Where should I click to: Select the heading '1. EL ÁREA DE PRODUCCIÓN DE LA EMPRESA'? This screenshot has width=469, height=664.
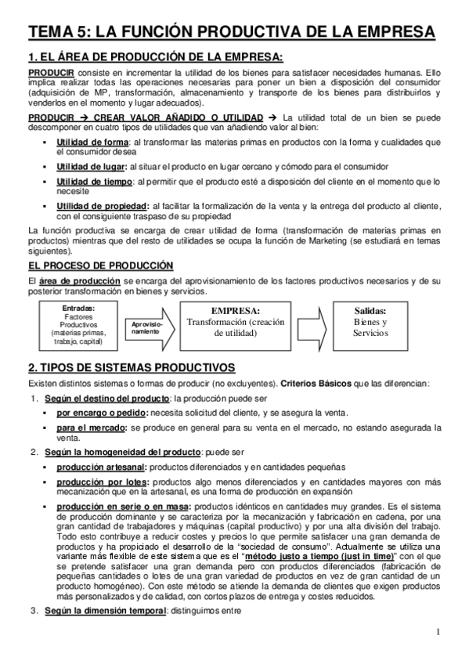pyautogui.click(x=154, y=56)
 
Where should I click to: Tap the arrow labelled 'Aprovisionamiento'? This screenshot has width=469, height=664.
pyautogui.click(x=149, y=327)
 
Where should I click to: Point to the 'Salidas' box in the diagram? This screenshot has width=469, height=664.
pyautogui.click(x=370, y=321)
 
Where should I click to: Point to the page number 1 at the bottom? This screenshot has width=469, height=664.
pyautogui.click(x=441, y=632)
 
